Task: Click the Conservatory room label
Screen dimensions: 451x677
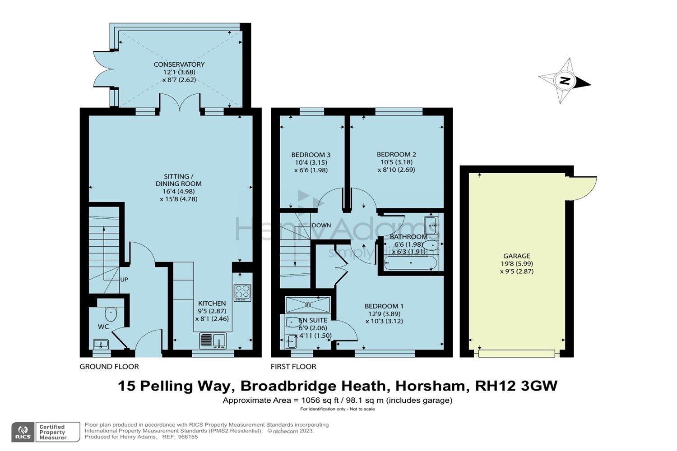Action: tap(179, 64)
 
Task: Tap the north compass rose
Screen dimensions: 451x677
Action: tap(564, 81)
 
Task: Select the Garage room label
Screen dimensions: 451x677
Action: tap(517, 256)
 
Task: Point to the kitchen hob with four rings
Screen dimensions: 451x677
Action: tap(242, 292)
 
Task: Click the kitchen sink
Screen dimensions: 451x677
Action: tap(213, 340)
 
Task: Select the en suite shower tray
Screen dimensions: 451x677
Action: tap(308, 305)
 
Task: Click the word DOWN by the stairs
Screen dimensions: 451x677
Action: tap(321, 225)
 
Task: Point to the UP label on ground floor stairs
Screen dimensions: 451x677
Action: tap(124, 280)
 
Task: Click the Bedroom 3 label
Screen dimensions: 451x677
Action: tap(311, 155)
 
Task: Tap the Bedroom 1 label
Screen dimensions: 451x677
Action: tap(384, 306)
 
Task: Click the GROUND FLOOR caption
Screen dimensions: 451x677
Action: tap(109, 367)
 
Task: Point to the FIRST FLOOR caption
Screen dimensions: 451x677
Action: tap(293, 367)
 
